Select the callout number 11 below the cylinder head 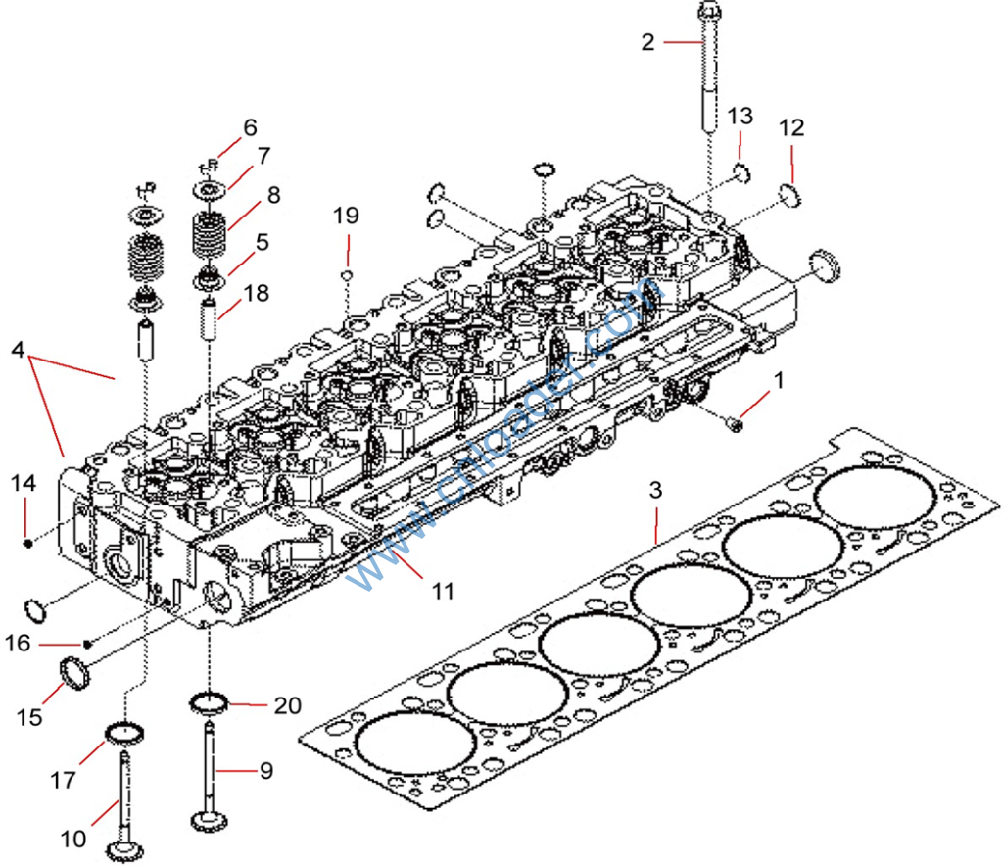click(444, 591)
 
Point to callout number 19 click(346, 216)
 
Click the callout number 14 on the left click(24, 483)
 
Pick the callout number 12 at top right click(791, 127)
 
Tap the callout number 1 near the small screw click(779, 378)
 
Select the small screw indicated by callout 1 click(735, 423)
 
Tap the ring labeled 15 click(72, 674)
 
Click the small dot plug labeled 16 click(88, 643)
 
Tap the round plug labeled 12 click(790, 195)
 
